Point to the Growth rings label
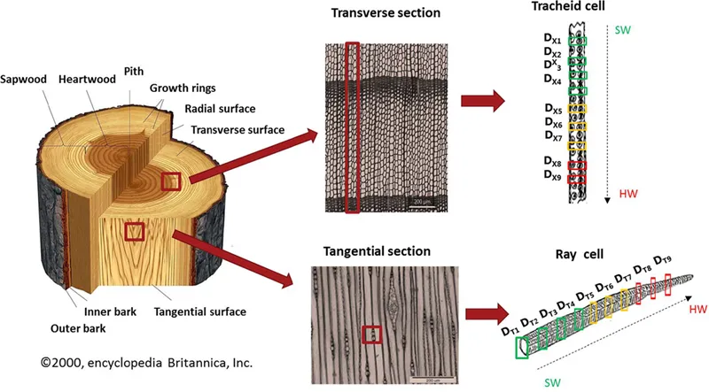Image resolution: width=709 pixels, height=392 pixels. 178,89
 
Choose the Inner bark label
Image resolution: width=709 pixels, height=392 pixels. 110,311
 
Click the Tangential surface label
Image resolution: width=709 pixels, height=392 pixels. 199,311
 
